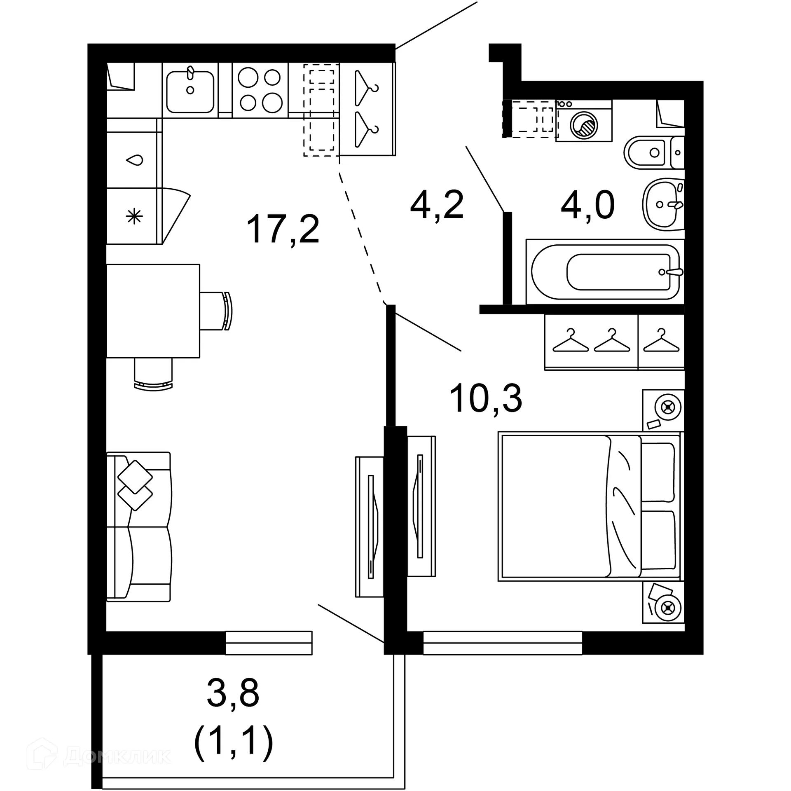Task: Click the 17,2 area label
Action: (x=283, y=229)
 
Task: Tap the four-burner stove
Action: (x=260, y=90)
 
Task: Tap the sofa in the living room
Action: (x=138, y=527)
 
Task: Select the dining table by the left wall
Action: (x=153, y=311)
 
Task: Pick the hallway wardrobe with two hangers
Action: (x=367, y=110)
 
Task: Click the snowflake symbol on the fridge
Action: (x=134, y=216)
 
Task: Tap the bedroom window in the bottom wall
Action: (x=503, y=643)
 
